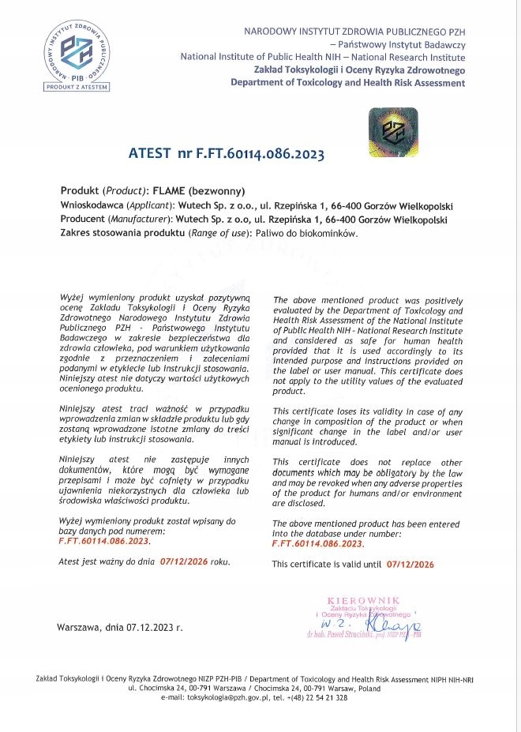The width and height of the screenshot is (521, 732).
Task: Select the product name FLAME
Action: coord(169,192)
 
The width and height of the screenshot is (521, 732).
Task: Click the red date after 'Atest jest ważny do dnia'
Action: coord(182,561)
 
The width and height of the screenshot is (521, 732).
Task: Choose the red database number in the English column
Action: coord(317,543)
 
